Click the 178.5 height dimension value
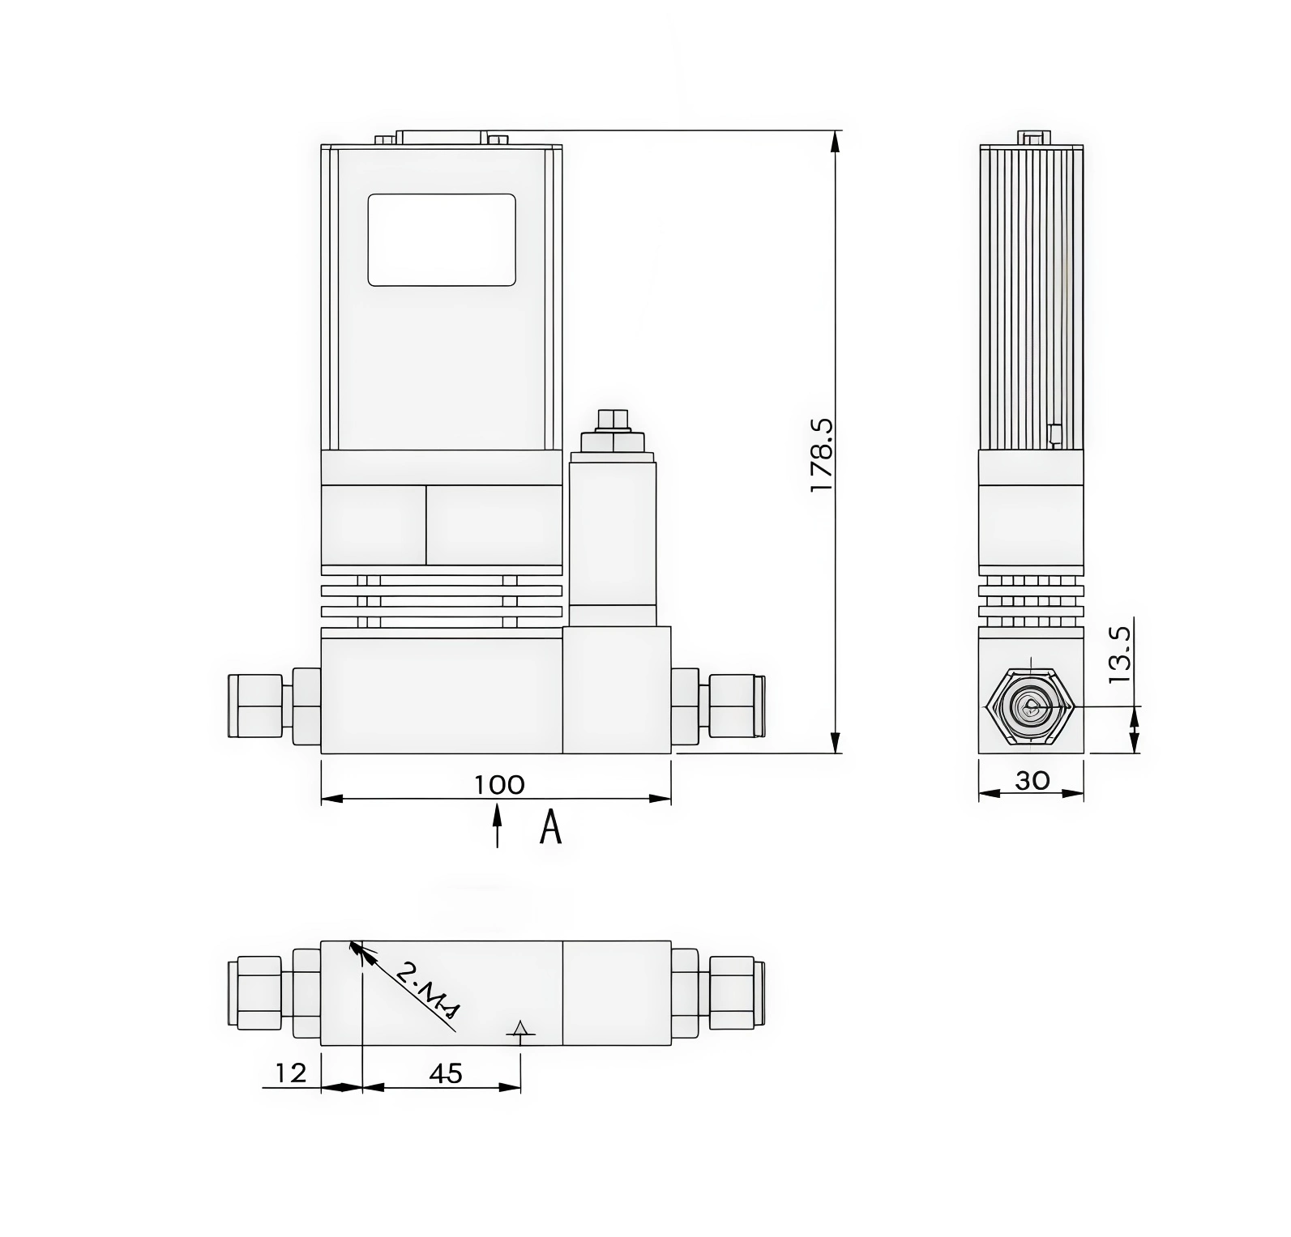click(821, 454)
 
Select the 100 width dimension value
click(499, 785)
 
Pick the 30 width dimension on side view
click(1032, 780)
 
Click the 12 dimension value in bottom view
click(291, 1073)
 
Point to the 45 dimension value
click(445, 1073)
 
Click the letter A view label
click(551, 828)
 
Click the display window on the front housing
click(442, 240)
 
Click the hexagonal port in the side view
click(1031, 707)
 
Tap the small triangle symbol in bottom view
click(520, 1028)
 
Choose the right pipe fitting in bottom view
click(734, 993)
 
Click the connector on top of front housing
click(442, 138)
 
